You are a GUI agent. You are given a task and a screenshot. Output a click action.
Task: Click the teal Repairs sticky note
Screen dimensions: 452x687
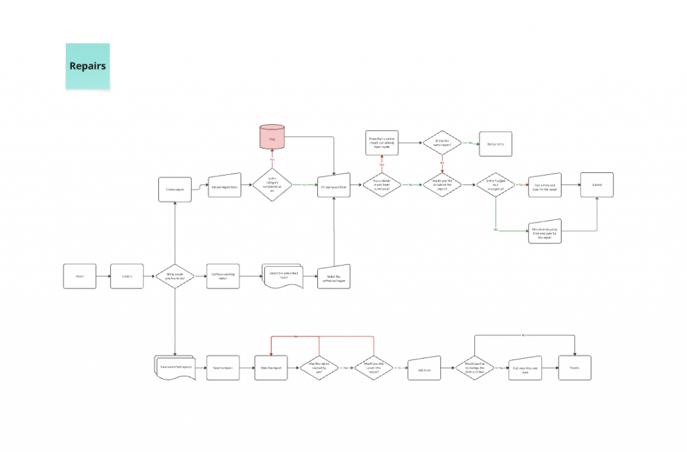click(87, 66)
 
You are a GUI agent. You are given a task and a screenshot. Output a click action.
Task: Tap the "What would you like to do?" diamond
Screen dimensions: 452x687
click(174, 276)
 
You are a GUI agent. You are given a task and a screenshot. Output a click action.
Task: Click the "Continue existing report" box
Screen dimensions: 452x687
click(223, 276)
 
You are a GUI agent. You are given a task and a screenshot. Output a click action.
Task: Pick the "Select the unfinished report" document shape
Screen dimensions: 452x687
click(281, 276)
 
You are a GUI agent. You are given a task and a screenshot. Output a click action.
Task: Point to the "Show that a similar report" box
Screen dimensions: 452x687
click(382, 143)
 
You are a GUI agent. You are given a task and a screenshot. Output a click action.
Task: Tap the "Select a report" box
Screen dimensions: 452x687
click(223, 368)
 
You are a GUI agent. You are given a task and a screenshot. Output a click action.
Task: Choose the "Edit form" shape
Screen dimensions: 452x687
click(424, 368)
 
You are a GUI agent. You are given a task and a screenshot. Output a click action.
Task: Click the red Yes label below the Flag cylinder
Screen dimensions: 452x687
click(272, 160)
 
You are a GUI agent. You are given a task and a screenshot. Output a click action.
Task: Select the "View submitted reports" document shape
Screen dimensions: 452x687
click(174, 368)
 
